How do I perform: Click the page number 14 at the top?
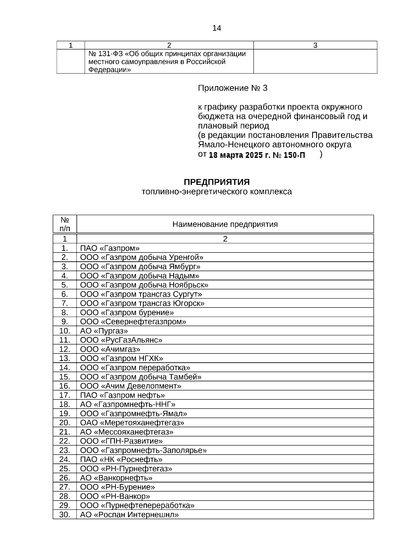pyautogui.click(x=216, y=28)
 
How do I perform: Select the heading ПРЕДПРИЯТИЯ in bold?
pyautogui.click(x=216, y=182)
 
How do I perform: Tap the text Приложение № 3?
pyautogui.click(x=233, y=88)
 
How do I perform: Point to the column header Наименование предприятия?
pyautogui.click(x=225, y=224)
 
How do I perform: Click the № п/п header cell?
pyautogui.click(x=65, y=224)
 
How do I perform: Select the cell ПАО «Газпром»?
pyautogui.click(x=110, y=248)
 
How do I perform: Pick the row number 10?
pyautogui.click(x=65, y=331)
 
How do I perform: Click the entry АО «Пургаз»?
pyautogui.click(x=104, y=331)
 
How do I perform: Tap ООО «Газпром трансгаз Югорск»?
pyautogui.click(x=142, y=303)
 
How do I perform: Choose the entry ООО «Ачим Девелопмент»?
pyautogui.click(x=131, y=386)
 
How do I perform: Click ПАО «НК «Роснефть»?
pyautogui.click(x=121, y=459)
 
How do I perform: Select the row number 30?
pyautogui.click(x=65, y=514)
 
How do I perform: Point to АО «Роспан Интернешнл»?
pyautogui.click(x=129, y=514)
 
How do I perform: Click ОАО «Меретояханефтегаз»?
pyautogui.click(x=132, y=423)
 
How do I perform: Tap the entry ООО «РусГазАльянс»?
pyautogui.click(x=121, y=340)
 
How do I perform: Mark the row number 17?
pyautogui.click(x=65, y=395)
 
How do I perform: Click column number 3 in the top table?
pyautogui.click(x=315, y=46)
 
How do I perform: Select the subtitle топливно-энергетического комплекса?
pyautogui.click(x=216, y=192)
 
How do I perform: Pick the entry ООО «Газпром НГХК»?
pyautogui.click(x=121, y=358)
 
